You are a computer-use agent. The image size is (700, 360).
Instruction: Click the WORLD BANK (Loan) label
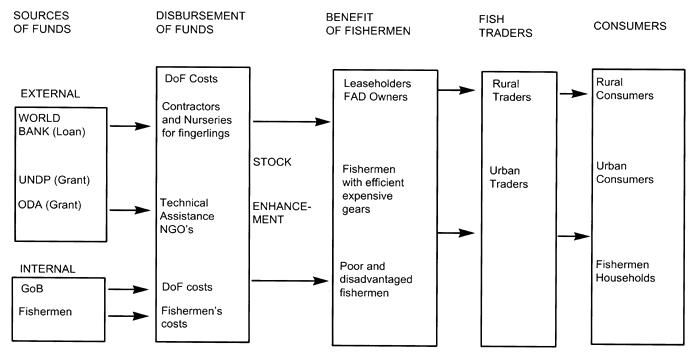(50, 125)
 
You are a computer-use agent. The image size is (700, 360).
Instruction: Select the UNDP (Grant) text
(51, 179)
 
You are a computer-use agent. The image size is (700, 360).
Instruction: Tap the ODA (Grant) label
(48, 205)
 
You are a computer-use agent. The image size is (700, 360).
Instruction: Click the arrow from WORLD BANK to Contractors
(128, 127)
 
